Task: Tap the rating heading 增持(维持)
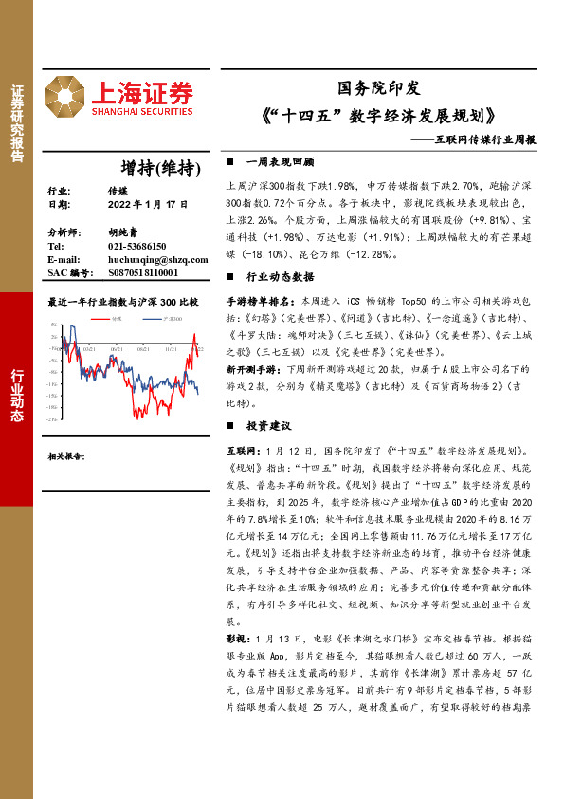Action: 164,168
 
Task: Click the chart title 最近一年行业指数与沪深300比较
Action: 123,302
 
